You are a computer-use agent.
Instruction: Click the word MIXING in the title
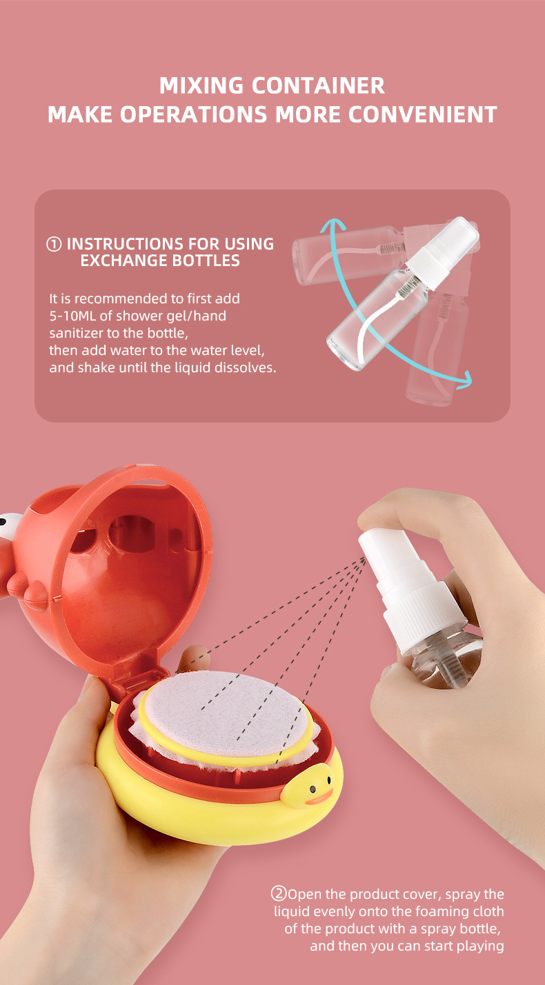pos(201,85)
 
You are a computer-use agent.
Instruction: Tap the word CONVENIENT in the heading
pos(423,115)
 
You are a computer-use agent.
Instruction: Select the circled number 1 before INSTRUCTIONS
pos(54,244)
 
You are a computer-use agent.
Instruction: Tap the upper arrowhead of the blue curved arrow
pos(332,225)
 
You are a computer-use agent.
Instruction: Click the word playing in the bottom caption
pos(480,946)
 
